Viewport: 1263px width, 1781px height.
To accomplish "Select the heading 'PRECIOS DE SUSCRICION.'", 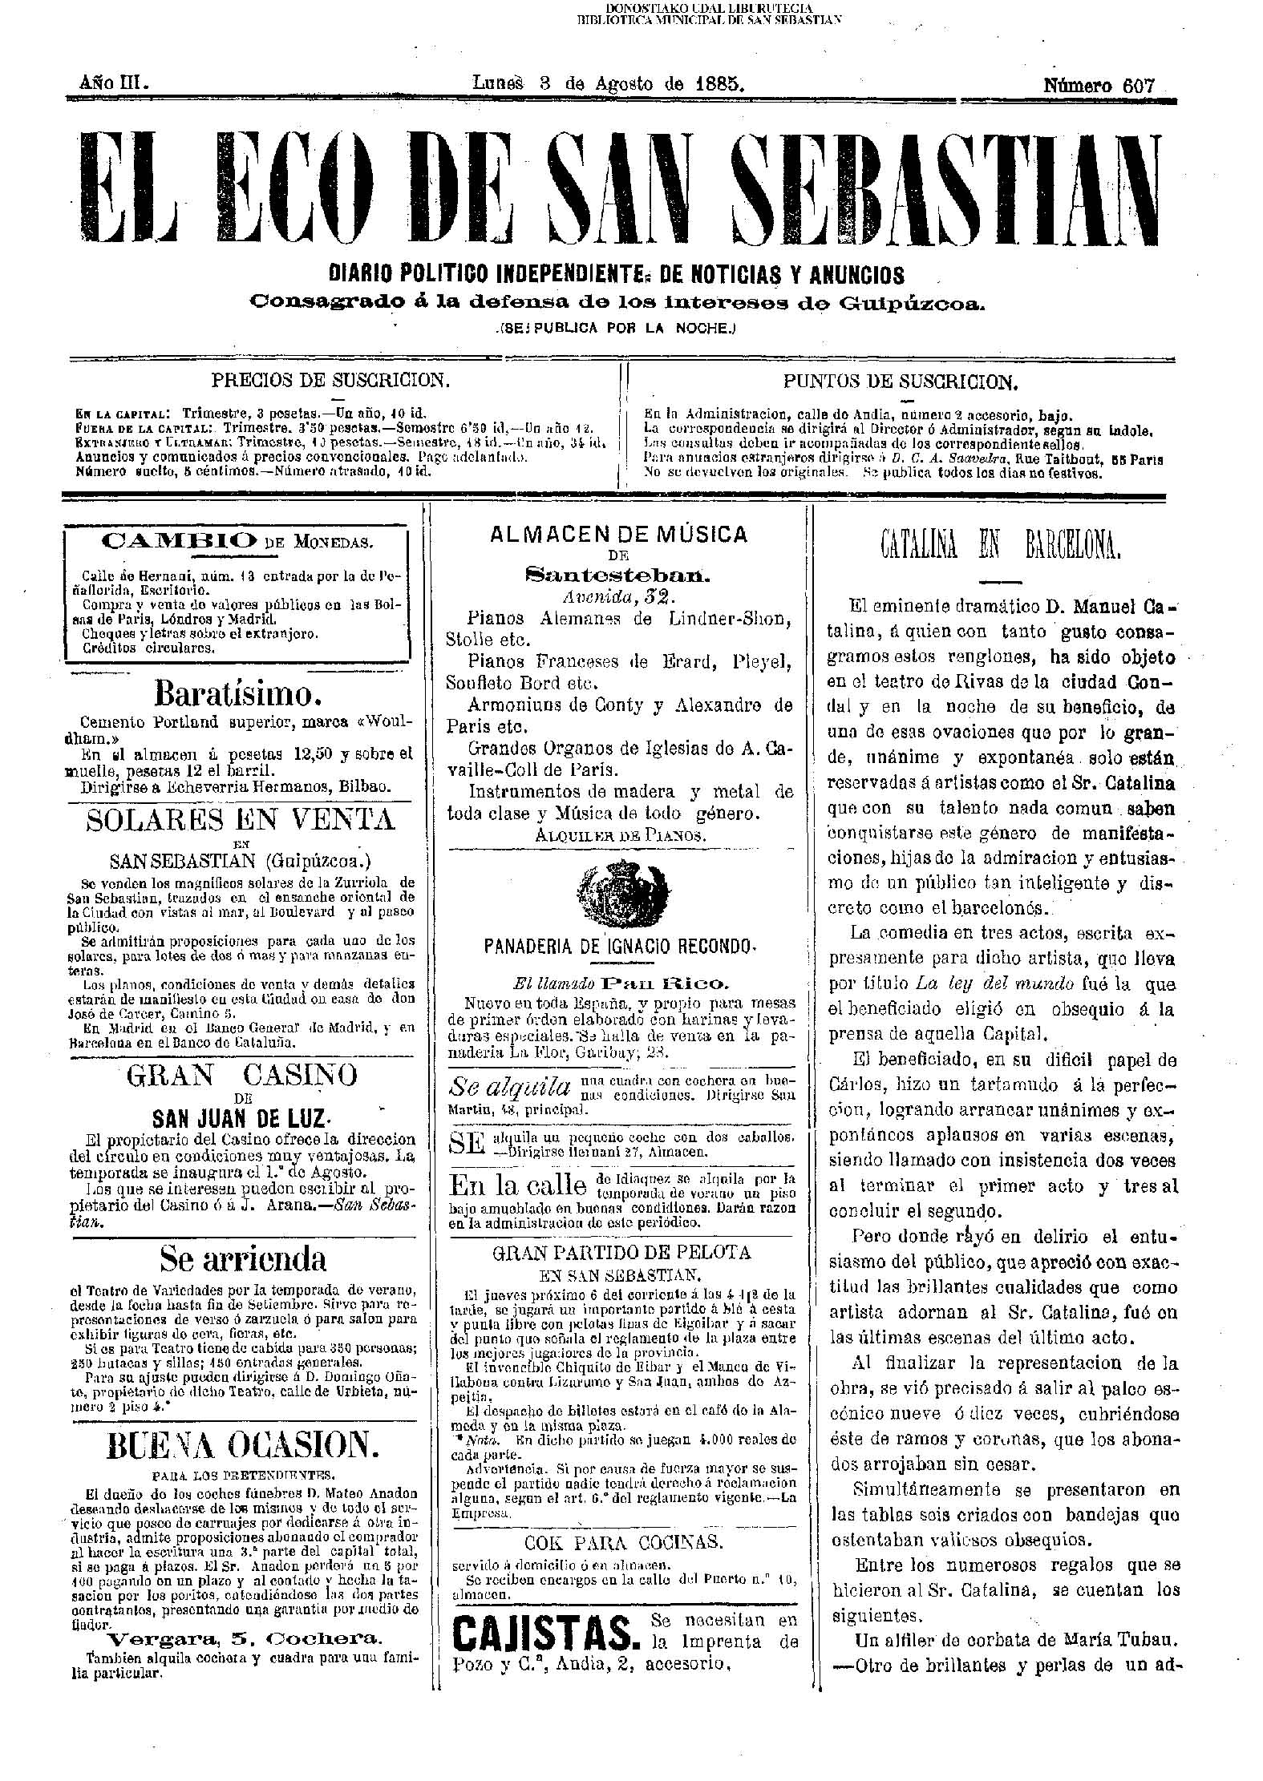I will point(330,380).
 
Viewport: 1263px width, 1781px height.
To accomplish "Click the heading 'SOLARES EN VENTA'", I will point(241,819).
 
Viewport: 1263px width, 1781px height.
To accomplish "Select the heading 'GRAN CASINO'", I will point(241,1073).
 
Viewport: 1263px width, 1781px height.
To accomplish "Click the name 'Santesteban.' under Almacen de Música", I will point(617,573).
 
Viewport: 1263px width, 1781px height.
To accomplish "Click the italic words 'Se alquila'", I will point(510,1087).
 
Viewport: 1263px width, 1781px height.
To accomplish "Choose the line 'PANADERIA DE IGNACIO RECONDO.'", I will point(620,947).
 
